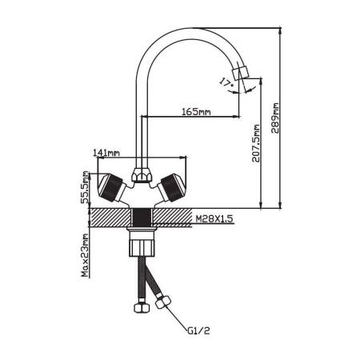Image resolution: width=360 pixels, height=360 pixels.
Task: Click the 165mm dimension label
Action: [x=196, y=111]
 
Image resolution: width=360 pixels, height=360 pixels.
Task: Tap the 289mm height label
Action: [x=274, y=118]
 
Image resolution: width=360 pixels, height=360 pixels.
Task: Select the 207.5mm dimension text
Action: [x=256, y=143]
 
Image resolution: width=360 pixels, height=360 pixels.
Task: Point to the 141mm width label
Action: [x=106, y=153]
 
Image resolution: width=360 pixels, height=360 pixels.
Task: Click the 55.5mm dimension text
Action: [x=86, y=187]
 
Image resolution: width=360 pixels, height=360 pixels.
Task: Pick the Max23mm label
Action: [x=85, y=255]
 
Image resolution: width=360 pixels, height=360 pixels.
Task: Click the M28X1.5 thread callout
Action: [x=214, y=218]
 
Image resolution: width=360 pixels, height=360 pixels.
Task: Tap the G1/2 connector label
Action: [x=198, y=331]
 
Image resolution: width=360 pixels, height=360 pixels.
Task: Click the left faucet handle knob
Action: [x=111, y=187]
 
